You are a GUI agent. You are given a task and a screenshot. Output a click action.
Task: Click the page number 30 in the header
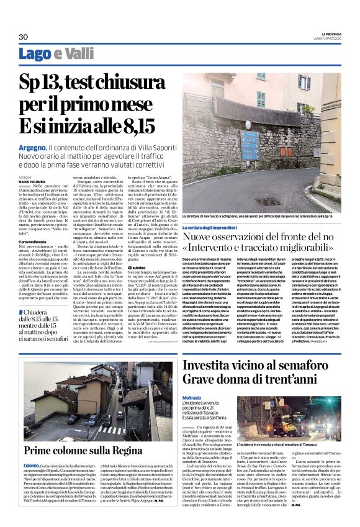tap(23, 37)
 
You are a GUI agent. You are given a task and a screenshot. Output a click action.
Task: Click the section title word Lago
tap(34, 55)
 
